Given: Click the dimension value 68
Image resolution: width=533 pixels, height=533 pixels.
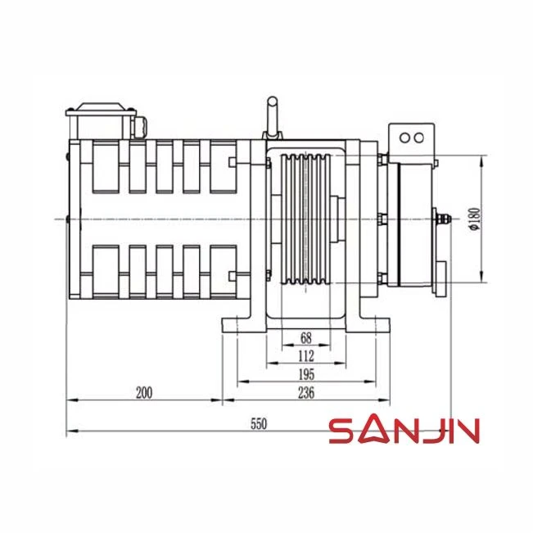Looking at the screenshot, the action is coord(306,338).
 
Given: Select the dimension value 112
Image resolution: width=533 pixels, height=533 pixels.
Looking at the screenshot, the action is coord(306,356).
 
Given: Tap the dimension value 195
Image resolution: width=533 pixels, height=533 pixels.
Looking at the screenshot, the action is coord(306,375).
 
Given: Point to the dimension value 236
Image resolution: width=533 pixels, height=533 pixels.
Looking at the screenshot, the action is coord(306,393).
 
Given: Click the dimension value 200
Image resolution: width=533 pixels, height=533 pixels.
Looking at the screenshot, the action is coord(144,393).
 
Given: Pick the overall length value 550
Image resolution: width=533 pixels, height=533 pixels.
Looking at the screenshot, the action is coord(259,424).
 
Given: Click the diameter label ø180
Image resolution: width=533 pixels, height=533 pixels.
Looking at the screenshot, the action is coord(475,219).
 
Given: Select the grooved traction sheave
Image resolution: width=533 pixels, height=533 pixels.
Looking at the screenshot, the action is coord(306,219).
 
